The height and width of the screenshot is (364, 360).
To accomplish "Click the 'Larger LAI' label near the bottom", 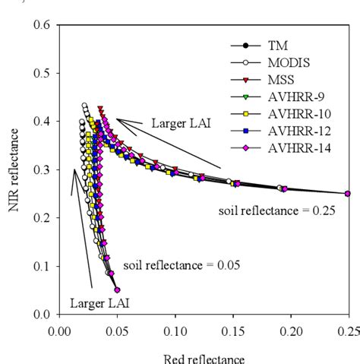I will click(x=99, y=302).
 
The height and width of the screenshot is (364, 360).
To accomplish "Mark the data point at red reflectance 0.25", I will click(x=348, y=193).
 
